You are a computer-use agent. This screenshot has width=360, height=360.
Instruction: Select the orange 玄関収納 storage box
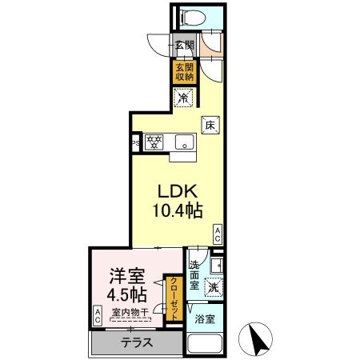point(184,72)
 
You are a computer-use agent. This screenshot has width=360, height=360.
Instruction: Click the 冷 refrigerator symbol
point(184,99)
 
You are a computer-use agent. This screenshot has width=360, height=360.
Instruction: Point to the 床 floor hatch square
point(210,125)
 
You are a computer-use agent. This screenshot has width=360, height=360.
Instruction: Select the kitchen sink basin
point(186,145)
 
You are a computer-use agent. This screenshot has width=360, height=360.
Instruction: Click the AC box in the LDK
point(218,233)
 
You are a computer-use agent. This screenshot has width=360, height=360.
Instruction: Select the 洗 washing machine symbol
point(213,286)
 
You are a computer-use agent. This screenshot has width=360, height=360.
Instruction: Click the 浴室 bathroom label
point(205,319)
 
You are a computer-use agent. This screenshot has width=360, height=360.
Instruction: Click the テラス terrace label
point(134,342)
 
